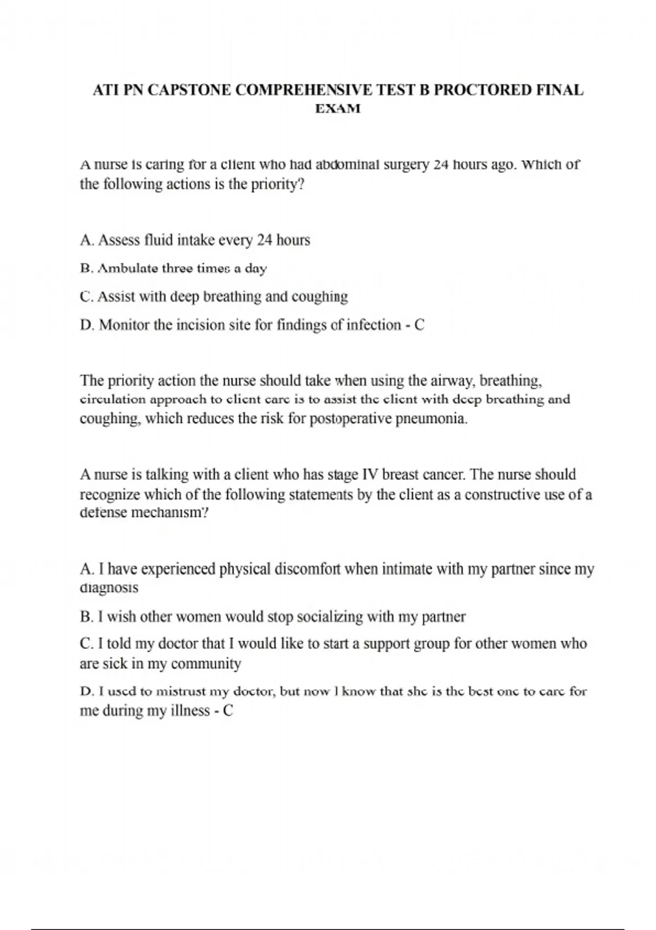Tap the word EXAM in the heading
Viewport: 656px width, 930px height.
coord(338,109)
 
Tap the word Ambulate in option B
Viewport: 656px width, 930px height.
coord(127,269)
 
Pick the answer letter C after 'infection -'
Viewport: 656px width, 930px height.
coord(419,325)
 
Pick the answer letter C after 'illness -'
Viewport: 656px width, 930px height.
coord(228,711)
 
